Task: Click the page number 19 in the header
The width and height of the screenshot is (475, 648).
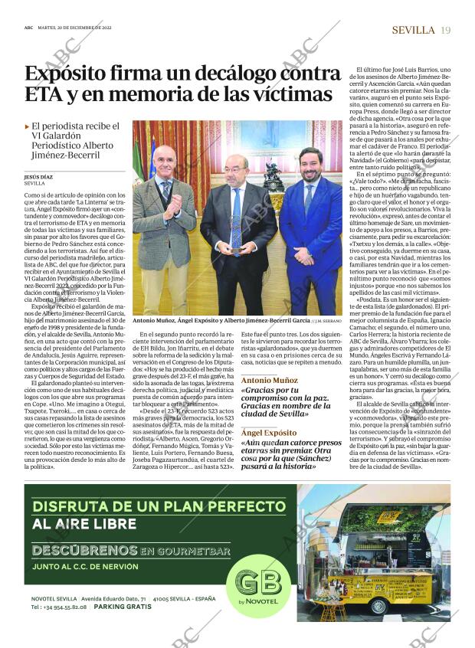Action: tap(446, 30)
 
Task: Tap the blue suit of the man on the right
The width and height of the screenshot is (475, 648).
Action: tap(310, 237)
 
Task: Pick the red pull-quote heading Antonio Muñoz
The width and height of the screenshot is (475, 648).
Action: tap(270, 380)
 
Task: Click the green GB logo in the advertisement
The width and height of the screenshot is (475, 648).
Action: tap(253, 586)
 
